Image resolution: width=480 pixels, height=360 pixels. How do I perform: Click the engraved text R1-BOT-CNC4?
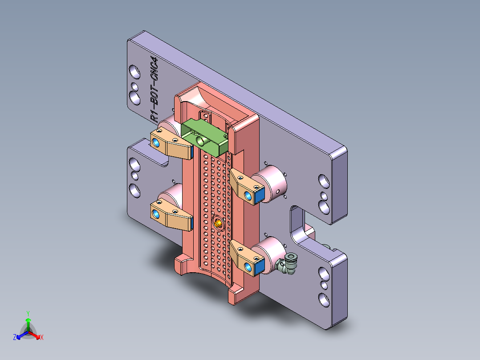click(x=154, y=89)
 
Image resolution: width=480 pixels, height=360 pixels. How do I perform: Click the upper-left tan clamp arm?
click(x=172, y=143)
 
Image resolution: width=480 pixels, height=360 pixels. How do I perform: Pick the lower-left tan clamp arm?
click(x=171, y=215)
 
